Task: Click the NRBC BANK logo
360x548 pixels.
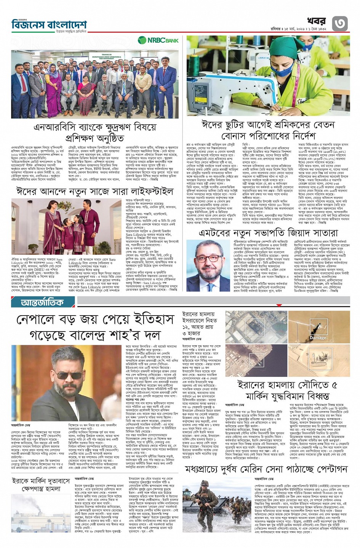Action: (x=158, y=40)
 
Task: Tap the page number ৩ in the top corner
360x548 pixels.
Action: (x=340, y=24)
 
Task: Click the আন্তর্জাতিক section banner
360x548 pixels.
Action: (x=43, y=303)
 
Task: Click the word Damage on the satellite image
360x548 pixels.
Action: (x=318, y=338)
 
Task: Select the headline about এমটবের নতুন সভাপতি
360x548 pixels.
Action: (x=268, y=232)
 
